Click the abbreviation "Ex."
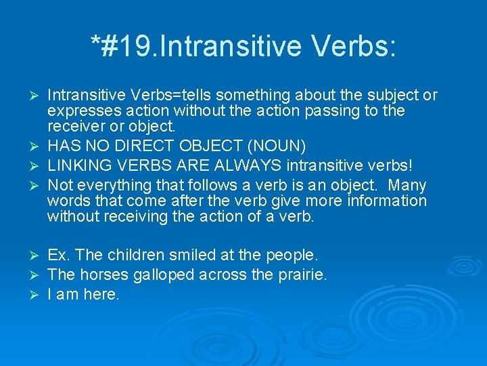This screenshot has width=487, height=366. [x=59, y=256]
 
